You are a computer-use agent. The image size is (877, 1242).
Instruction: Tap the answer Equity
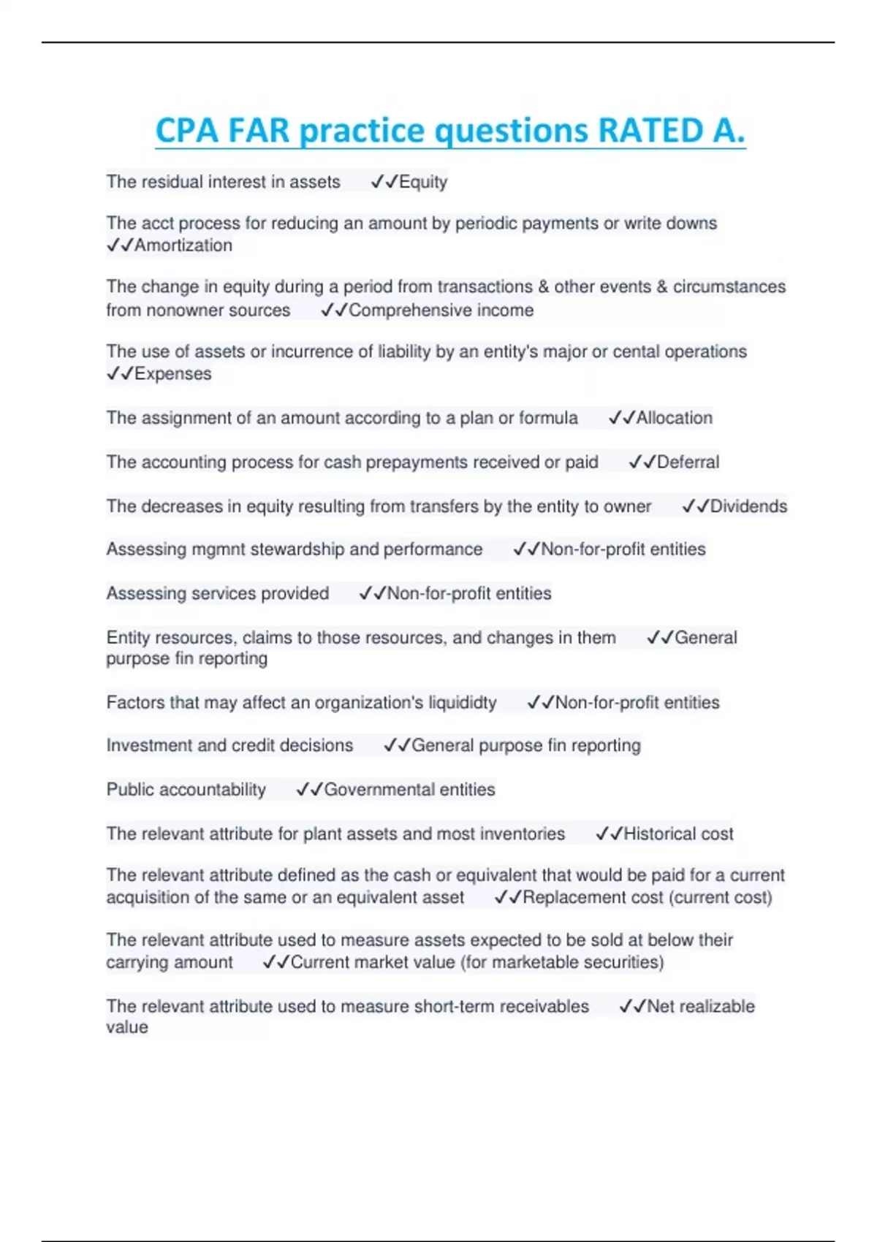[422, 182]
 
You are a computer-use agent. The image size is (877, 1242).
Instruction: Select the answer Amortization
[183, 245]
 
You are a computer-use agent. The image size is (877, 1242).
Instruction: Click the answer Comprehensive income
[441, 310]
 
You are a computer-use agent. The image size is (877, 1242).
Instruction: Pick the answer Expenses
[172, 374]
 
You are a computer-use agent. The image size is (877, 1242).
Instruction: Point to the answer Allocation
[674, 418]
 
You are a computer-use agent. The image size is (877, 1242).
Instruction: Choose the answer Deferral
[688, 462]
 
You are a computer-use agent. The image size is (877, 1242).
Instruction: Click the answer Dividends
[748, 506]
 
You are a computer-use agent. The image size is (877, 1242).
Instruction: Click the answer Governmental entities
[409, 790]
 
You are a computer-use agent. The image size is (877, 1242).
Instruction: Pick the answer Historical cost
[678, 834]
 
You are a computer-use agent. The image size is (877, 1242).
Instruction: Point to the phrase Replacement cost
[592, 898]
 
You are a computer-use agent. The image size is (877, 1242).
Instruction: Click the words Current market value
[373, 963]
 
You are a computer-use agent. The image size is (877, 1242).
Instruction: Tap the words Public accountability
[186, 790]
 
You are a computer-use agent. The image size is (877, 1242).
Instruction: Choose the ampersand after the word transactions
[543, 287]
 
